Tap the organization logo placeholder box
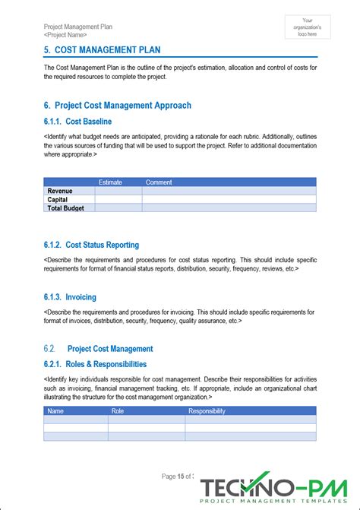pos(307,27)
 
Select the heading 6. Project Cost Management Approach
pos(118,106)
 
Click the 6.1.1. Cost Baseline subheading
pos(78,122)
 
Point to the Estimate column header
pos(110,182)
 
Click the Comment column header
pos(159,182)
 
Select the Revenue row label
pos(60,191)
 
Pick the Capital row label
pos(58,199)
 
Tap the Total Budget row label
pos(66,207)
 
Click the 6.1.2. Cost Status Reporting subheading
pos(91,245)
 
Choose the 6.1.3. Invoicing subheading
pos(71,297)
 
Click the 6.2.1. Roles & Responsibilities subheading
pos(96,364)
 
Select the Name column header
pos(56,411)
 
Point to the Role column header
pos(118,411)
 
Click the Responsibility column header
pos(207,411)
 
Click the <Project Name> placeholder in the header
pos(65,35)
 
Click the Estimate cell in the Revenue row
pos(119,191)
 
